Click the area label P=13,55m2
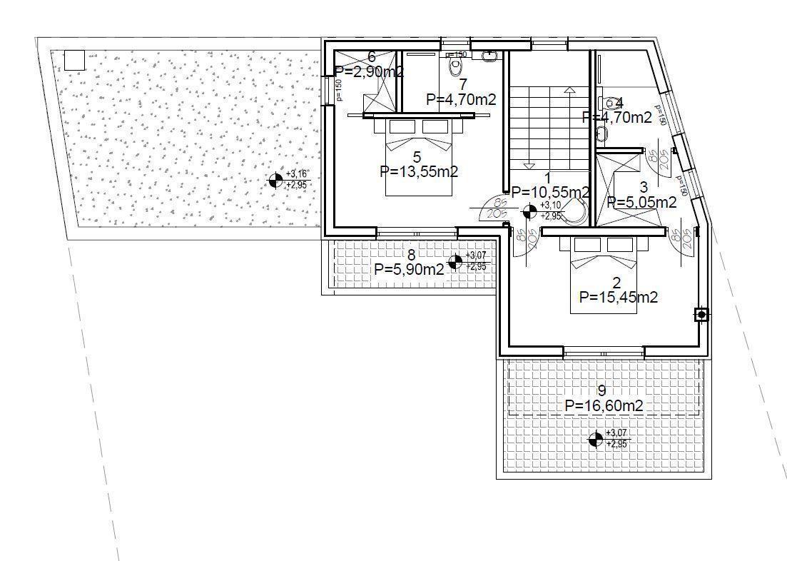419,171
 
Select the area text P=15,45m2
619,298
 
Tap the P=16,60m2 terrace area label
604,405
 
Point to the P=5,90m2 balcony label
409,269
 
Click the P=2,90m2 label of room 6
370,71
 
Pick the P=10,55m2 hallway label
550,192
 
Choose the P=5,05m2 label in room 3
641,203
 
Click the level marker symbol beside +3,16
275,181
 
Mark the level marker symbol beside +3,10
529,211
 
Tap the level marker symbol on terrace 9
594,439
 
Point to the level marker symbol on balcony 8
455,261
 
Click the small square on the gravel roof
74,60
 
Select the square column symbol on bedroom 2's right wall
701,315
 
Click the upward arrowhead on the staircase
569,91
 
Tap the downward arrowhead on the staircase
529,165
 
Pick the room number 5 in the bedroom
417,156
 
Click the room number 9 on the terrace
601,390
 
